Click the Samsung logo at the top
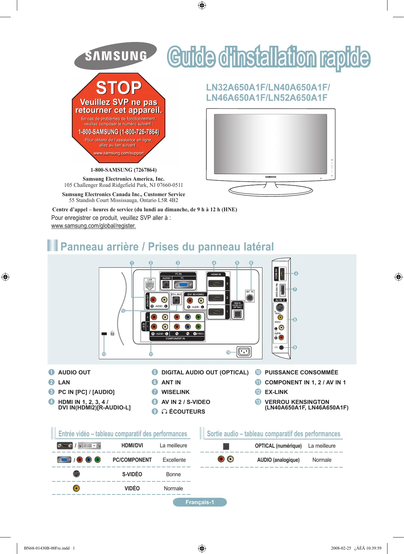coord(115,56)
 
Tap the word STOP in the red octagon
coord(118,88)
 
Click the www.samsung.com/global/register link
coord(93,226)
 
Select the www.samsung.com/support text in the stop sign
coord(118,153)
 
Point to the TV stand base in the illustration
coord(270,190)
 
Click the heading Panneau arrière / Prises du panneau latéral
coord(167,247)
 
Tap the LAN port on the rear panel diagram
coord(149,285)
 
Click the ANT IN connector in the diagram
coord(250,297)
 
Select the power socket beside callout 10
coord(244,352)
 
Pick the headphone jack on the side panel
coord(281,348)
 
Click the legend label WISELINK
coord(175,392)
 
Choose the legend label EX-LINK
coord(276,392)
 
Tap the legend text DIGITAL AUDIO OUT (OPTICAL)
coord(205,372)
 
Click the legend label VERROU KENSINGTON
coord(297,402)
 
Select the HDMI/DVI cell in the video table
coord(132,446)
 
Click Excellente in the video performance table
coord(174,460)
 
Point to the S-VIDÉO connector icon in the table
coord(76,474)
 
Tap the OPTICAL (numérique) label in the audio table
coord(278,446)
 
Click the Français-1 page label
coord(200,502)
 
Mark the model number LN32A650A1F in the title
coord(236,87)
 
